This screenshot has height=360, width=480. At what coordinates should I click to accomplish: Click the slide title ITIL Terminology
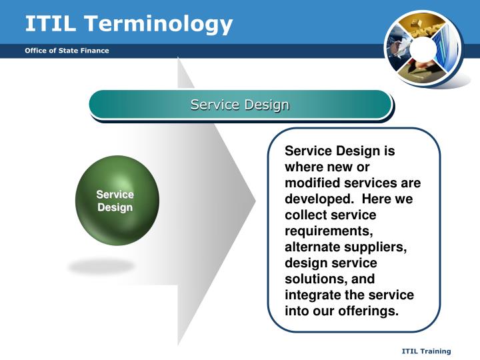tap(129, 25)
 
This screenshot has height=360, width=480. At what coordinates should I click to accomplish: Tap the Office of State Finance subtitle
tap(67, 51)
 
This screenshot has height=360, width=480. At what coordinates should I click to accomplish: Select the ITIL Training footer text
tap(426, 351)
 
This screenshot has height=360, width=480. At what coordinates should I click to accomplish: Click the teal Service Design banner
tap(240, 105)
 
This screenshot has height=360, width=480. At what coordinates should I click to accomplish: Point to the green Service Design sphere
tap(117, 201)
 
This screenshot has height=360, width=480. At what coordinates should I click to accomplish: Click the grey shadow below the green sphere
tap(101, 266)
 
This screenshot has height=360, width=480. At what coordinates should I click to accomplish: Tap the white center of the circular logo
tap(423, 49)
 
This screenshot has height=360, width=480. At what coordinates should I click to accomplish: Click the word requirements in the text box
tap(329, 231)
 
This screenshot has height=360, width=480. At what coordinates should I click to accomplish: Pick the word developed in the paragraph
tap(319, 199)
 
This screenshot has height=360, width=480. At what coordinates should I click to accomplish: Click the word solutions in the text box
tap(315, 279)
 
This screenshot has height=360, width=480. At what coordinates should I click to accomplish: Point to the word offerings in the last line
tap(368, 311)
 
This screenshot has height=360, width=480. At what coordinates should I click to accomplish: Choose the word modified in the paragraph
tap(313, 183)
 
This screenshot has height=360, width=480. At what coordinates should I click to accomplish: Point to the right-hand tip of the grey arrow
tap(255, 201)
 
